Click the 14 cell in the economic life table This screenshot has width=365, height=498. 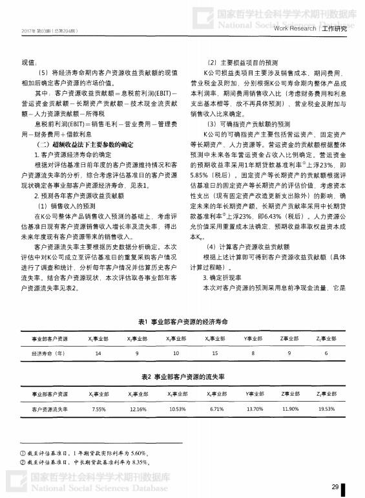coord(98,353)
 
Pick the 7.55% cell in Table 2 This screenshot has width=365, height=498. coord(99,409)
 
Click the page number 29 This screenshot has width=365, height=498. coord(335,486)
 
